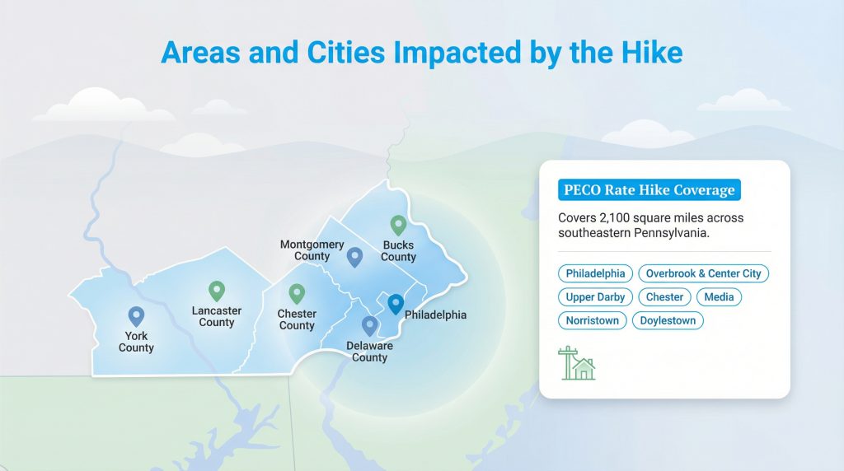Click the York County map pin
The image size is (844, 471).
pyautogui.click(x=136, y=316)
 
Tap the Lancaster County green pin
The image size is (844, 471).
pyautogui.click(x=217, y=291)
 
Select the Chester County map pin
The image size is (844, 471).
pyautogui.click(x=297, y=293)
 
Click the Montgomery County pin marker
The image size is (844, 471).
pyautogui.click(x=354, y=257)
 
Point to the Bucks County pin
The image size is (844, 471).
pyautogui.click(x=398, y=225)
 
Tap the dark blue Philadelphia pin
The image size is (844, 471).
pyautogui.click(x=396, y=305)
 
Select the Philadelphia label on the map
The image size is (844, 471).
pyautogui.click(x=435, y=315)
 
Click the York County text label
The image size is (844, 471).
pyautogui.click(x=136, y=343)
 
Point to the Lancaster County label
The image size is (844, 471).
pyautogui.click(x=217, y=317)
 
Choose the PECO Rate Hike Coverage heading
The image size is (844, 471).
pyautogui.click(x=649, y=190)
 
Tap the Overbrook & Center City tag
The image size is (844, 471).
pyautogui.click(x=703, y=273)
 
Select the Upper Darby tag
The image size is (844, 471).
pyautogui.click(x=595, y=297)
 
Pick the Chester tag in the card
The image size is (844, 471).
pyautogui.click(x=664, y=297)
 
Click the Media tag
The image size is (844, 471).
pyautogui.click(x=719, y=297)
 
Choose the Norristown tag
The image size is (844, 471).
pyautogui.click(x=592, y=320)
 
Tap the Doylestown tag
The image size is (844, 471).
pyautogui.click(x=668, y=320)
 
